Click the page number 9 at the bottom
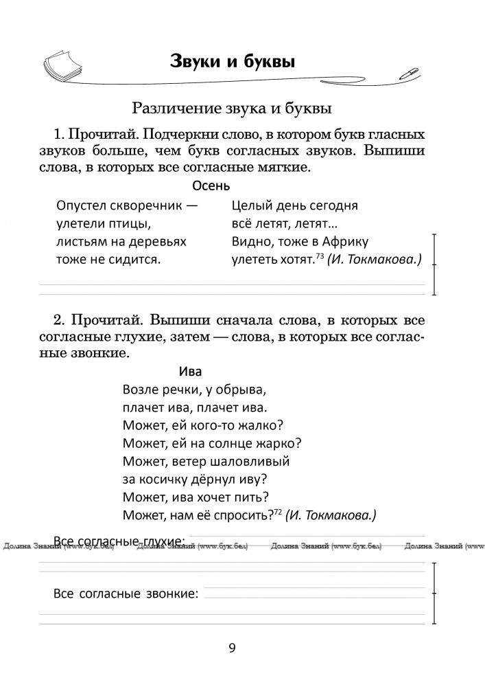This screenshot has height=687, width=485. tap(232, 648)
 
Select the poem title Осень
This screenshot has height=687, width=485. tap(211, 185)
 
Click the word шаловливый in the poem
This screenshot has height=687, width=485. tap(252, 461)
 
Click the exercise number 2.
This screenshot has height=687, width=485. tap(56, 320)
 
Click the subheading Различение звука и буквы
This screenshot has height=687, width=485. tap(232, 108)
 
